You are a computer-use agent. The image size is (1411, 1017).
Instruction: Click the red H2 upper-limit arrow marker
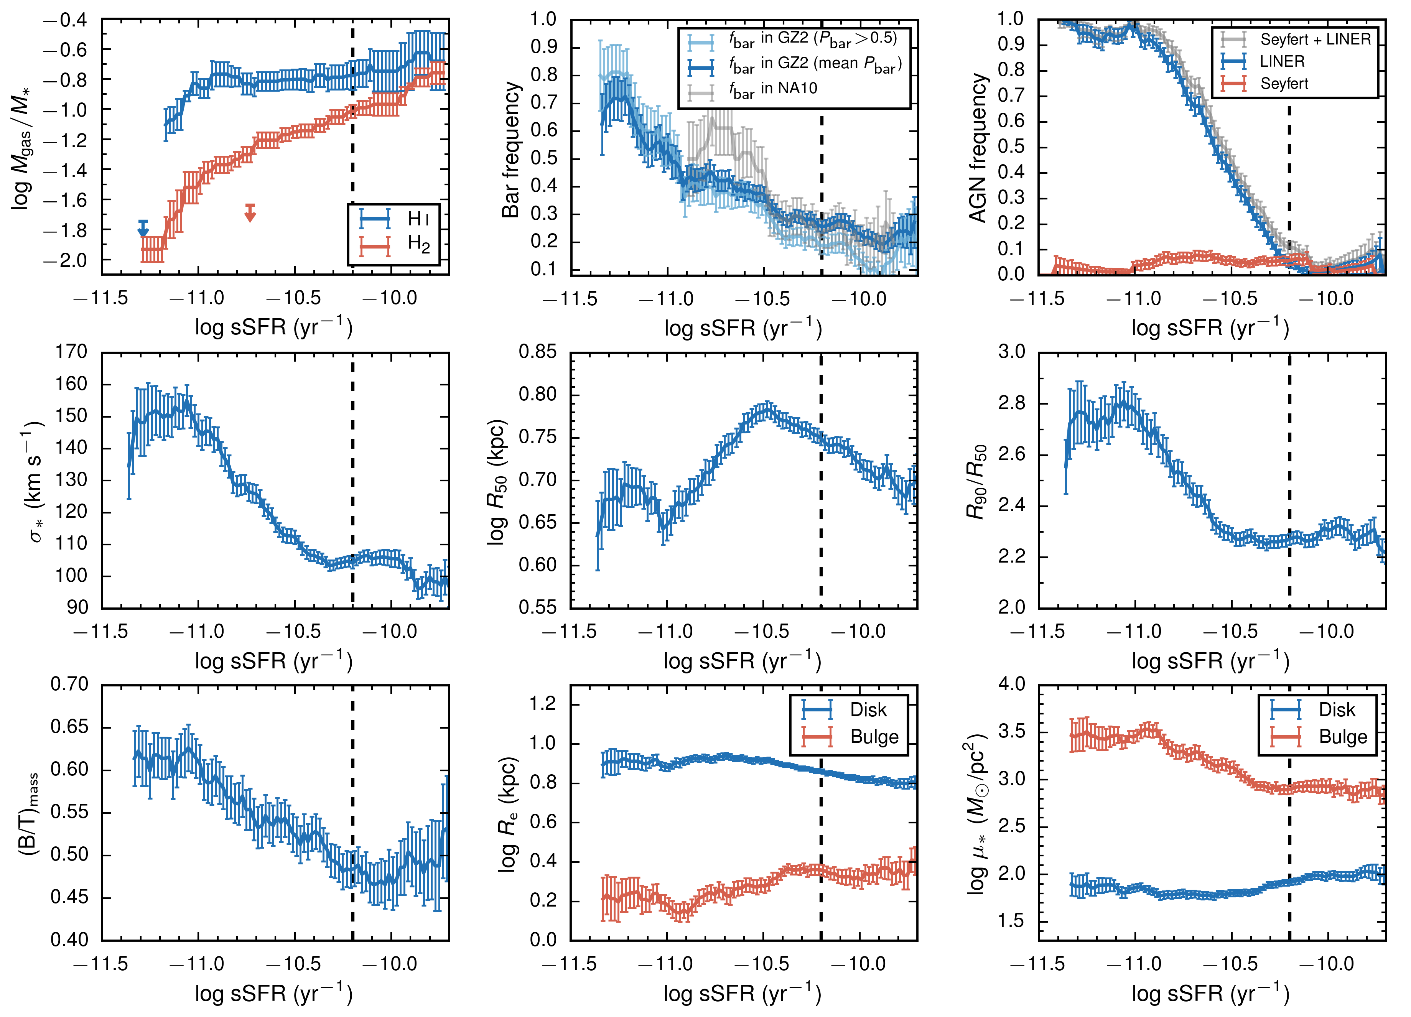point(250,213)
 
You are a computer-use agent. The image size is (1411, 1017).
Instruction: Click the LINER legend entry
point(1282,61)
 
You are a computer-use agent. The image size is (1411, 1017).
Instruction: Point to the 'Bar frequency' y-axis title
point(511,149)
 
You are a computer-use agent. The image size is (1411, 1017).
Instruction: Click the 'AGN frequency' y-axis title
point(979,148)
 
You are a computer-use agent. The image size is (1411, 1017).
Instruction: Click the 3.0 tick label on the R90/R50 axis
point(1012,352)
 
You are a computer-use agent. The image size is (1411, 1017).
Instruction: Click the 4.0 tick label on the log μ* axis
point(1012,684)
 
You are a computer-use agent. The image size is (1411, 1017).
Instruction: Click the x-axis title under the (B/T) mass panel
point(274,993)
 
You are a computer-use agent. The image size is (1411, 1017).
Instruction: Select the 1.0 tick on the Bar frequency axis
point(543,19)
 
